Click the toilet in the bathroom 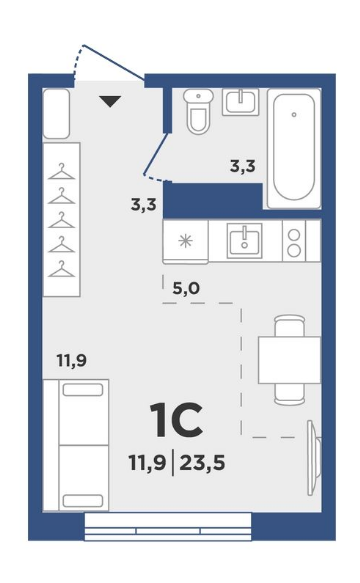[x=198, y=111]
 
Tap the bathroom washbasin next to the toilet [x=241, y=102]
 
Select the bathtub [x=294, y=148]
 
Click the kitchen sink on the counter [x=244, y=241]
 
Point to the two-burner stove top [x=294, y=241]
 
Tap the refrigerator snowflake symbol [x=185, y=241]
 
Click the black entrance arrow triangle [x=110, y=102]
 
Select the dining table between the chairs [x=289, y=360]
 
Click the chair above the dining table [x=290, y=326]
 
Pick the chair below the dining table [x=290, y=394]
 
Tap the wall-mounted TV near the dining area [x=313, y=458]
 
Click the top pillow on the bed [x=83, y=390]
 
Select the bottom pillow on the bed [x=83, y=500]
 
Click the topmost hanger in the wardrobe [x=62, y=172]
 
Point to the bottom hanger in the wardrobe [x=62, y=269]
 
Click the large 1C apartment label [x=176, y=420]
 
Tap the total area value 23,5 [x=202, y=463]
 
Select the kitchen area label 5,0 [x=186, y=288]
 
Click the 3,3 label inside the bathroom [x=243, y=166]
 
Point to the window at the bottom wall [x=168, y=526]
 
